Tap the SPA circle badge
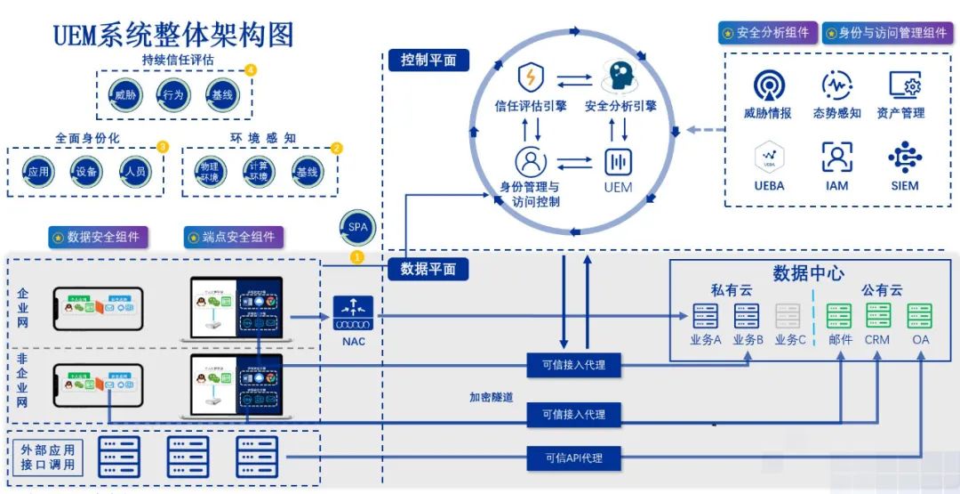click(x=357, y=227)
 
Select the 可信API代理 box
click(x=573, y=458)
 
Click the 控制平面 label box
click(x=428, y=61)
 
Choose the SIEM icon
click(x=904, y=158)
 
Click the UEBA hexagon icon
click(x=768, y=158)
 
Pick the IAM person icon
click(x=836, y=158)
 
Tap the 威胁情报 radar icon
click(x=768, y=85)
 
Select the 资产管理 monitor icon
click(x=904, y=85)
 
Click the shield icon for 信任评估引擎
click(x=532, y=78)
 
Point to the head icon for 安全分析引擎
click(x=620, y=77)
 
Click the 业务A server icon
click(x=705, y=316)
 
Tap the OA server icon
click(x=919, y=316)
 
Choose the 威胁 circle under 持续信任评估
click(x=124, y=93)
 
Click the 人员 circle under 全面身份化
click(x=135, y=173)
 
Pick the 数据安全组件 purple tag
click(x=99, y=238)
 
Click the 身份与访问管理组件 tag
click(x=885, y=33)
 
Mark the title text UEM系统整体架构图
click(x=173, y=34)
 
